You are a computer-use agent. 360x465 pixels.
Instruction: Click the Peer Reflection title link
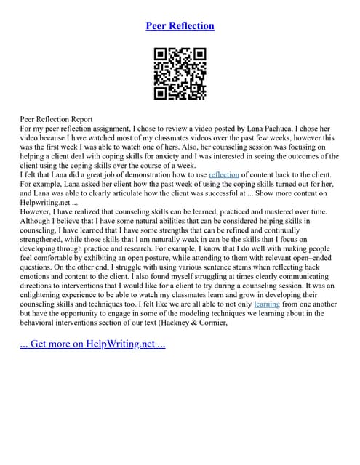[x=180, y=26]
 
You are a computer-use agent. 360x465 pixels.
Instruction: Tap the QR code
[x=180, y=74]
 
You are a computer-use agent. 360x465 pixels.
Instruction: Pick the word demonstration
[x=129, y=174]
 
